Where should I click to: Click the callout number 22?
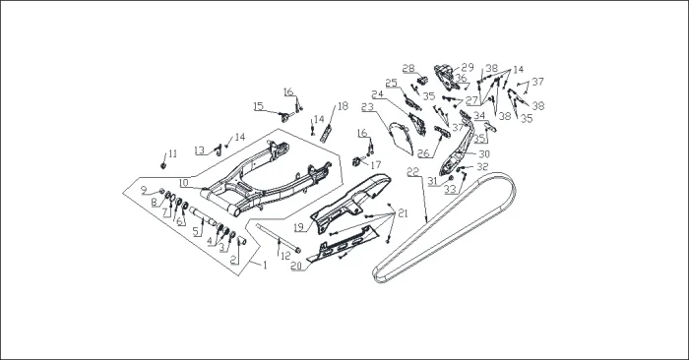pos(413,171)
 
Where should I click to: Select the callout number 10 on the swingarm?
pos(184,182)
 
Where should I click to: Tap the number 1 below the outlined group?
pos(265,266)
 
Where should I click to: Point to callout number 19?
pos(299,227)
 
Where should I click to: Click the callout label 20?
pos(296,266)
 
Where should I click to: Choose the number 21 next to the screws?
pos(403,213)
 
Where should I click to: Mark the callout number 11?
pos(172,153)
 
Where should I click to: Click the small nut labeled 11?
pos(163,165)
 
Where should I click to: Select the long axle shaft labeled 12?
pos(278,238)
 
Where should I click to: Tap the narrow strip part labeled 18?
pos(328,133)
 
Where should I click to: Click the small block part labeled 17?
pos(356,161)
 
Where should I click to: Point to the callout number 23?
pos(367,107)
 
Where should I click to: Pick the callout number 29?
pos(468,67)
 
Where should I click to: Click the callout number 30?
pos(484,154)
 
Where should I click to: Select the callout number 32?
pos(482,167)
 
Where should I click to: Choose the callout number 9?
pos(144,190)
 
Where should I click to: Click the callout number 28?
pos(408,69)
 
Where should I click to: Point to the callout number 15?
pos(258,106)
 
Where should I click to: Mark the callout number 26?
pos(423,153)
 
